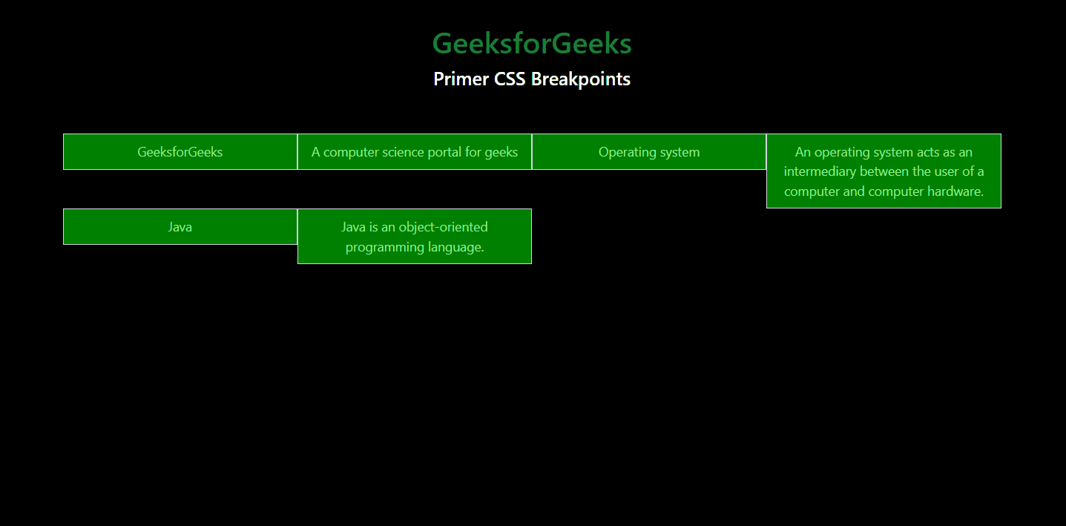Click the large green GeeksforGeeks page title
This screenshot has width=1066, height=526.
(x=532, y=43)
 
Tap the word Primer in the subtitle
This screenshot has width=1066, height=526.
(x=461, y=79)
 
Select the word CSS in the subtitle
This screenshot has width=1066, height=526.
(x=510, y=79)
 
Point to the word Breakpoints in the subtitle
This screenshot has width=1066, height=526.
(x=581, y=79)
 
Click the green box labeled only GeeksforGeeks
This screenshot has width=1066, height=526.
(x=180, y=152)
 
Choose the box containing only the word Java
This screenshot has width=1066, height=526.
(x=180, y=226)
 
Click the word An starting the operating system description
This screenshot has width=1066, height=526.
(x=803, y=152)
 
